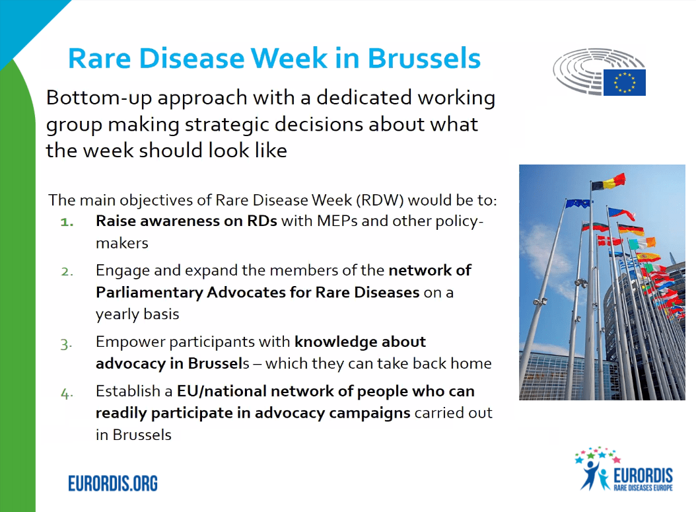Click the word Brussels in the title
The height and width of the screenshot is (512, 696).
coord(424,58)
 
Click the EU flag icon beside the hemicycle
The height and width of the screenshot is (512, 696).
coord(624,82)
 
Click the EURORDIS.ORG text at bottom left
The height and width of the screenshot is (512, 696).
coord(113,483)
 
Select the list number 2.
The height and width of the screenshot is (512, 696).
coord(68,271)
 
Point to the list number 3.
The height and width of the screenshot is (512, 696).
coord(67,343)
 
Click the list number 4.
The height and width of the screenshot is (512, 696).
coord(67,392)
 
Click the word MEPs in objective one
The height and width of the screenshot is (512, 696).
coord(337,221)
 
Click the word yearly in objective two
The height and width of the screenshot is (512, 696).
coord(116,314)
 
